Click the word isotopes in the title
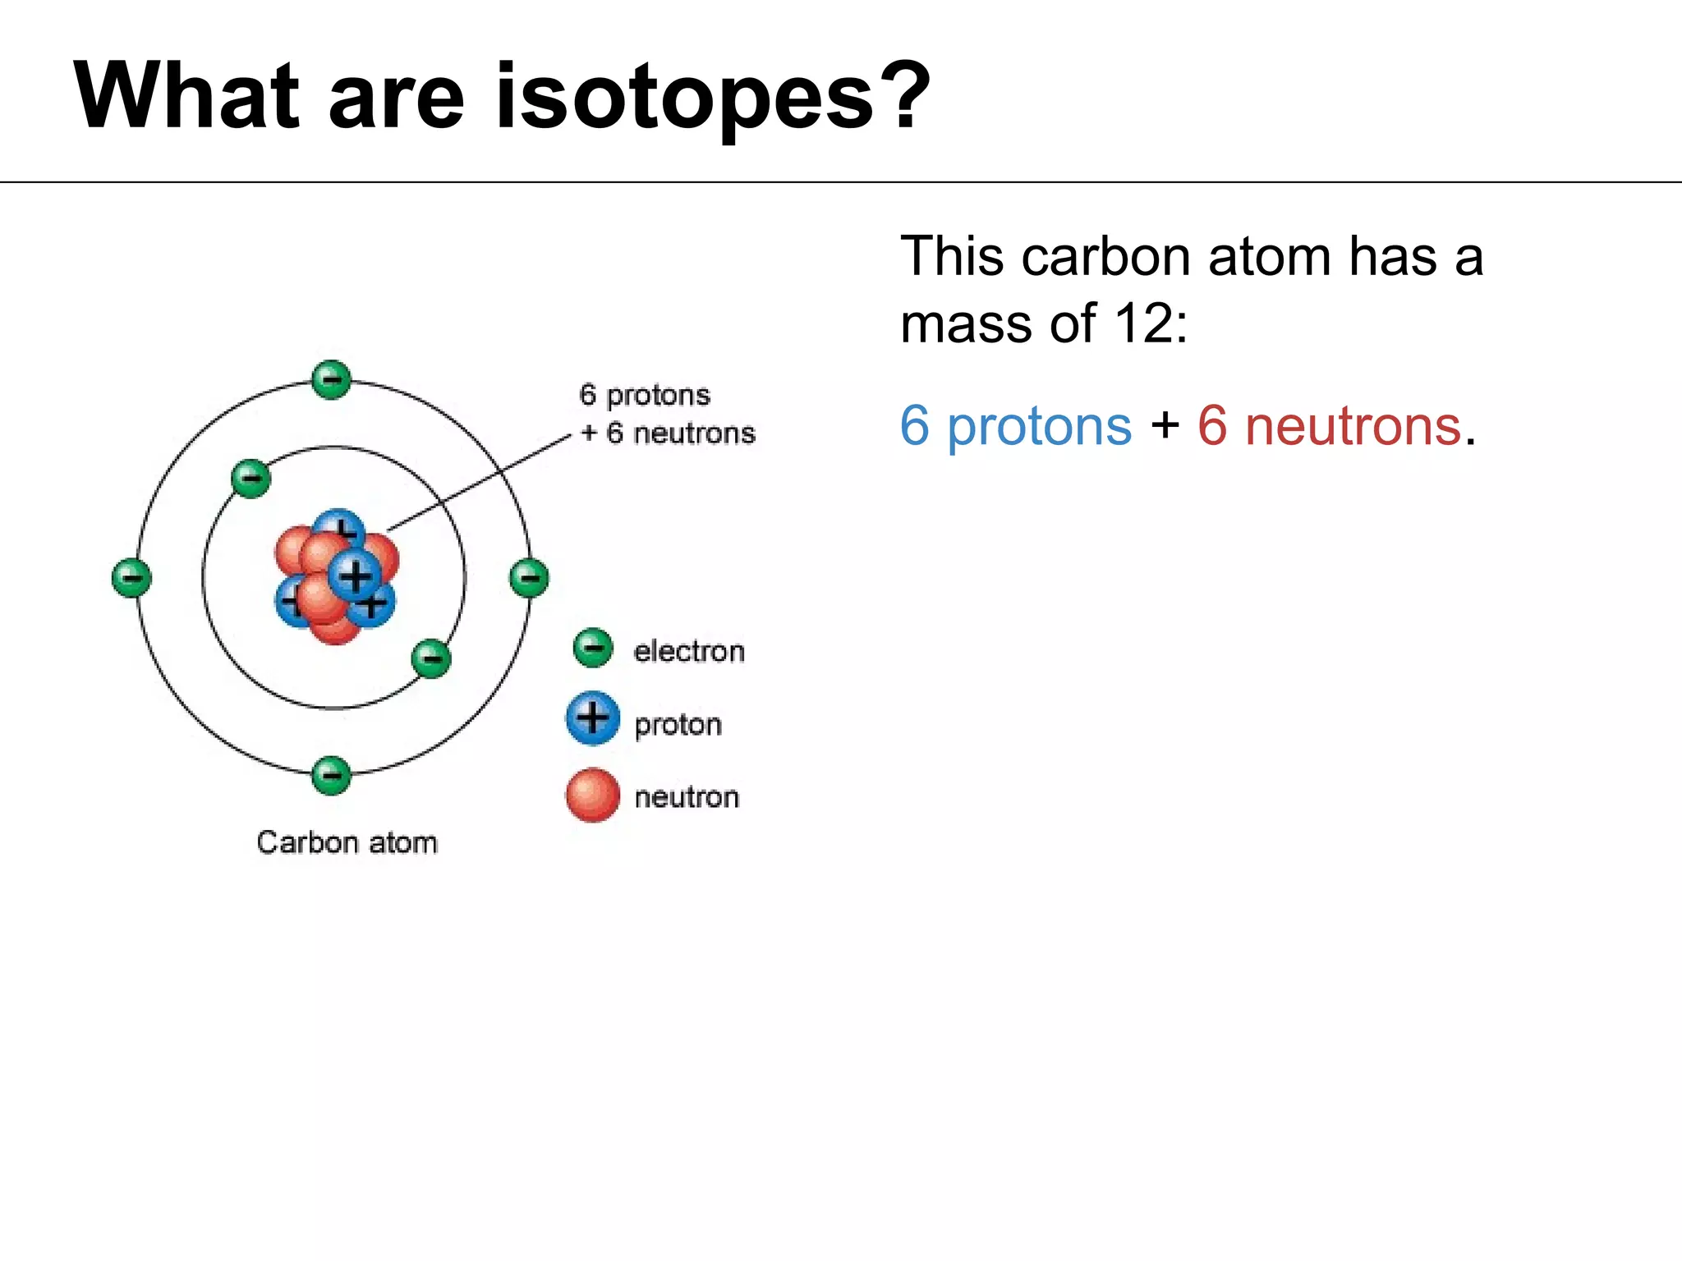tap(686, 99)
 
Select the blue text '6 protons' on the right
tap(1016, 426)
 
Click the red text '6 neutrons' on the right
tap(1329, 426)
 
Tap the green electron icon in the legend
tap(593, 649)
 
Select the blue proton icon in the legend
tap(592, 719)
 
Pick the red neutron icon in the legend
tap(592, 795)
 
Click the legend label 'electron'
tap(689, 652)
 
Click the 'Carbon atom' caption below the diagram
tap(347, 843)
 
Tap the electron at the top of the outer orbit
tap(332, 380)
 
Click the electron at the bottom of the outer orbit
tap(332, 775)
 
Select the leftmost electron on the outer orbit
tap(131, 578)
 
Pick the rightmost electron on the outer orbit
tap(530, 578)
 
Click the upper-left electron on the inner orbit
tap(251, 479)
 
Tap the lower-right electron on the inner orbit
tap(431, 658)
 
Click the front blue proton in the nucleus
tap(355, 575)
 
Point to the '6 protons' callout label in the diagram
tap(645, 395)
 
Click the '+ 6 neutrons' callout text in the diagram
tap(668, 433)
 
